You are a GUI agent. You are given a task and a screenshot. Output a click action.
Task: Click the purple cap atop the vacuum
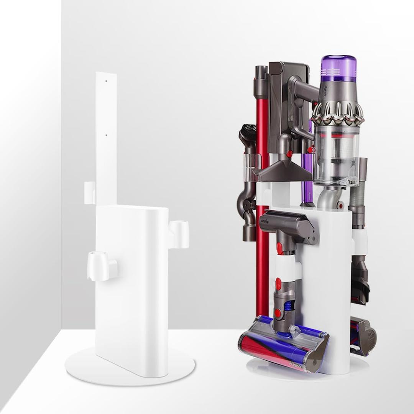(x=338, y=68)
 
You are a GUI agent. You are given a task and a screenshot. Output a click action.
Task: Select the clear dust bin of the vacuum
(x=337, y=153)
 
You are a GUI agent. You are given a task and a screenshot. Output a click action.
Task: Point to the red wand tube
(x=263, y=230)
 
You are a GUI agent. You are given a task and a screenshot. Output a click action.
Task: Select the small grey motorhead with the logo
(x=288, y=226)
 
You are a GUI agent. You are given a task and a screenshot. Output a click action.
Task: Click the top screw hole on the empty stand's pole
(x=106, y=81)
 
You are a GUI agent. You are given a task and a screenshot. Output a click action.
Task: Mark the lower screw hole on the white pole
(x=106, y=135)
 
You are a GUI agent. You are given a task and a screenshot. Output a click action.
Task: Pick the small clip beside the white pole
(x=90, y=193)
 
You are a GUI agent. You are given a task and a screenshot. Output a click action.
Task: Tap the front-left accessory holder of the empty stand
(x=100, y=265)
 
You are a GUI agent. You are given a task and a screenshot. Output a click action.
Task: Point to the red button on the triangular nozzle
(x=290, y=154)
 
